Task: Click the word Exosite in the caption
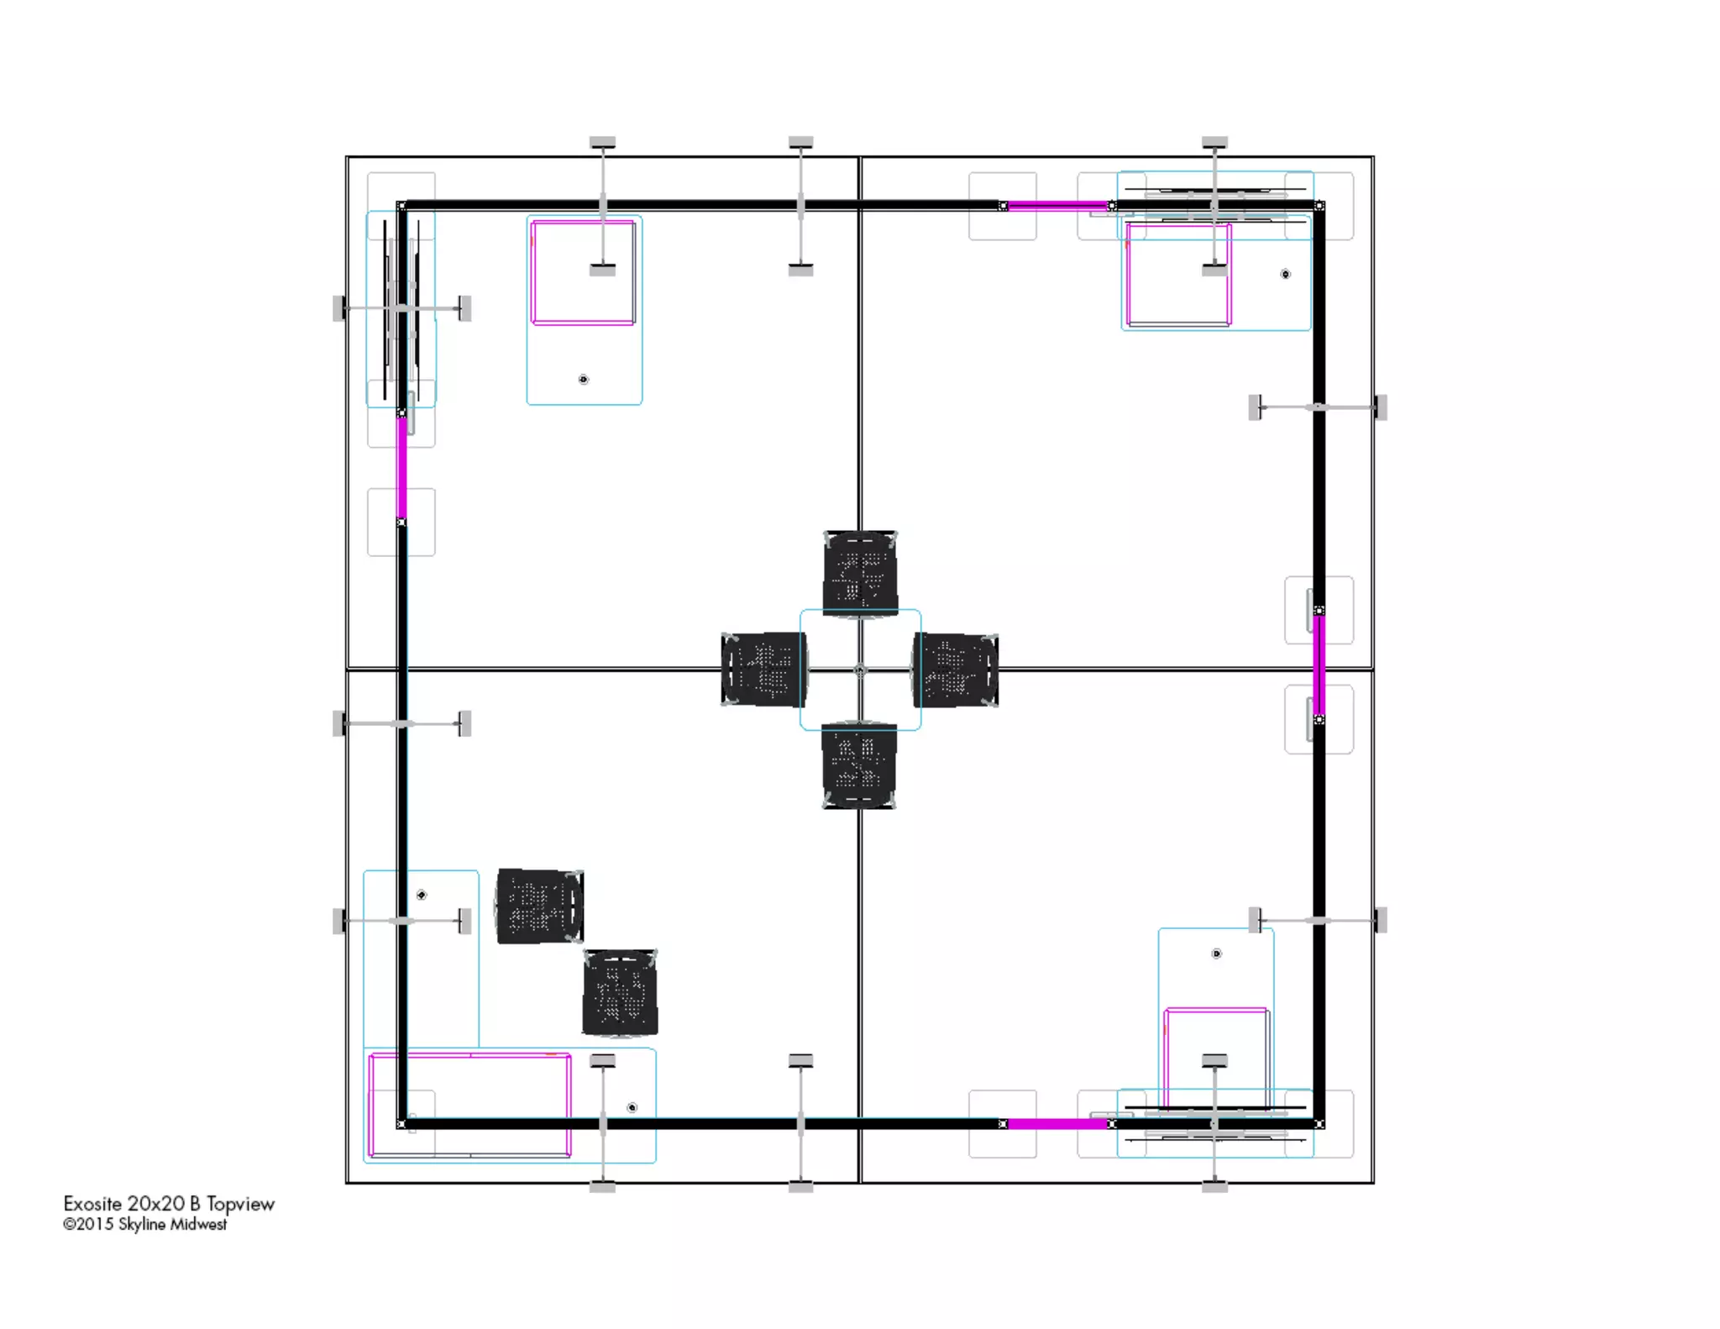click(x=92, y=1204)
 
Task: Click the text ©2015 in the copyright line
click(x=87, y=1225)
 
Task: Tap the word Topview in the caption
click(x=240, y=1204)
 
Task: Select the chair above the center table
click(x=860, y=573)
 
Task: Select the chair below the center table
click(x=858, y=765)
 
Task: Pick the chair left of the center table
click(x=763, y=670)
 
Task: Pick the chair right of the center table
click(x=956, y=670)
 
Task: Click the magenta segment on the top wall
click(x=1057, y=205)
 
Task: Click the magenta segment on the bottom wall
click(x=1057, y=1123)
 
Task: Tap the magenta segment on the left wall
click(x=401, y=468)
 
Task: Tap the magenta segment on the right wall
click(x=1319, y=665)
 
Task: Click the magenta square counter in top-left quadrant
click(x=583, y=272)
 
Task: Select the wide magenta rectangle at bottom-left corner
click(x=469, y=1105)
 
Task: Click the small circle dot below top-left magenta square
click(x=584, y=380)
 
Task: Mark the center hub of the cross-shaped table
click(x=860, y=670)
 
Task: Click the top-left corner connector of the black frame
click(x=401, y=206)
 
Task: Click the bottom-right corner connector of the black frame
click(x=1319, y=1123)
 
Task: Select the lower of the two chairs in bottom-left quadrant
click(x=620, y=992)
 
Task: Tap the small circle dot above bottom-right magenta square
click(x=1216, y=953)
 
